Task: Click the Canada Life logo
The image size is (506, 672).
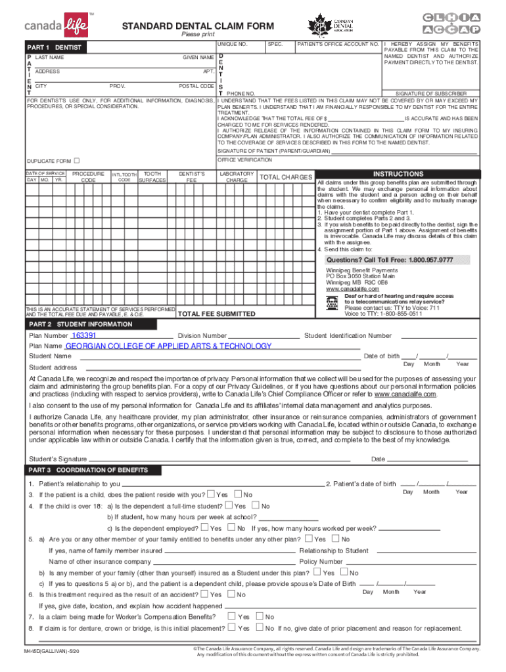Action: click(55, 26)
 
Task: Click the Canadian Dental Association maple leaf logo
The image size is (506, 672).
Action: click(320, 26)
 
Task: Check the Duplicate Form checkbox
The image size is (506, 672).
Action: click(76, 161)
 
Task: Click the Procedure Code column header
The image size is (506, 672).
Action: click(88, 177)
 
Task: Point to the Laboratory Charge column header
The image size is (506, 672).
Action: click(237, 177)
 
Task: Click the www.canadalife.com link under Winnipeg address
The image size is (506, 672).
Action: click(352, 289)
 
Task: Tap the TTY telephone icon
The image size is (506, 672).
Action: click(333, 303)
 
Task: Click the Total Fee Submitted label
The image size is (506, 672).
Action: click(217, 314)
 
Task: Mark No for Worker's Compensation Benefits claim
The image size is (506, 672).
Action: click(260, 616)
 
